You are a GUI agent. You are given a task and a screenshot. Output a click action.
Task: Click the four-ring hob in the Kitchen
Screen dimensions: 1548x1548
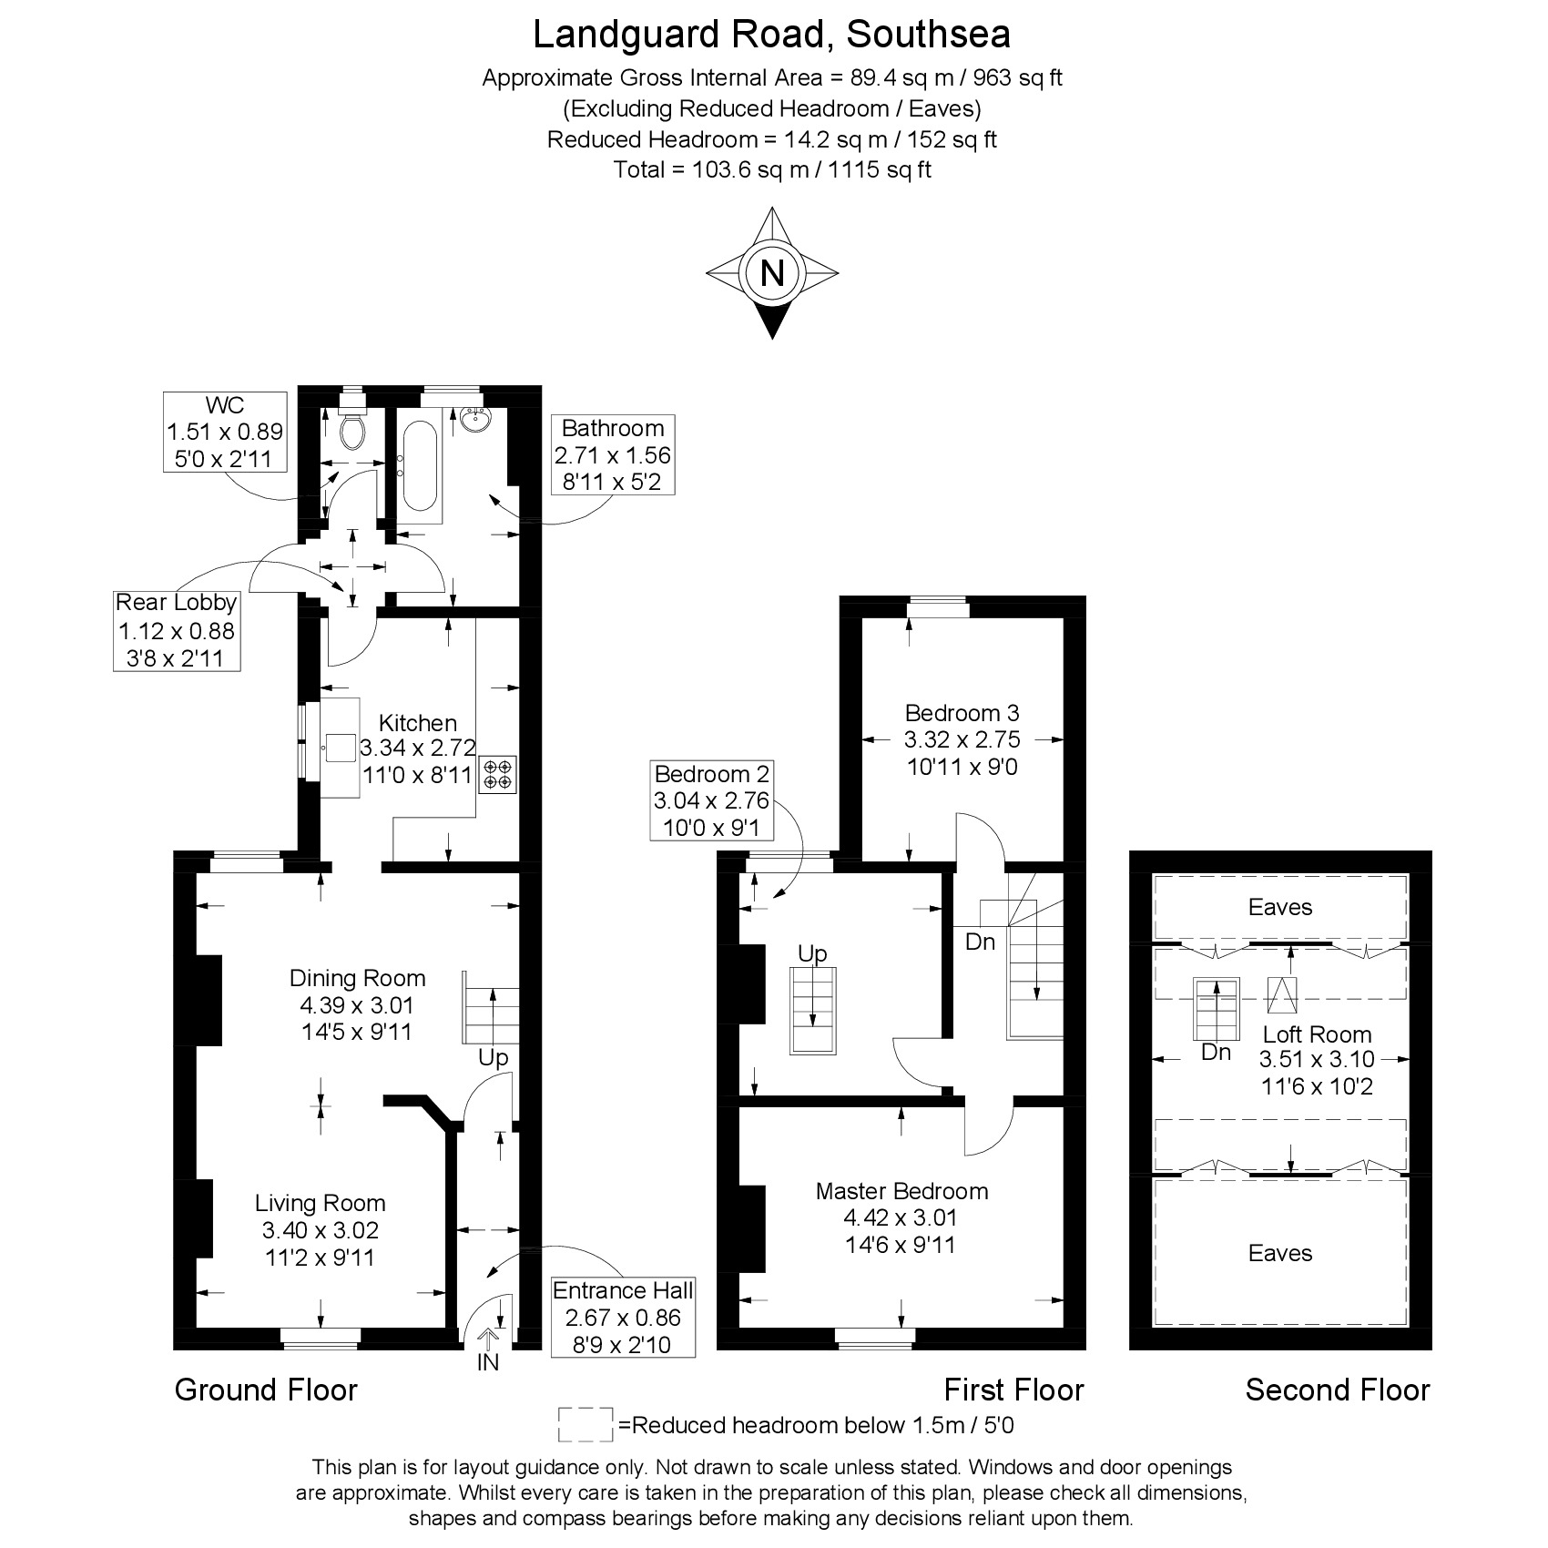point(498,774)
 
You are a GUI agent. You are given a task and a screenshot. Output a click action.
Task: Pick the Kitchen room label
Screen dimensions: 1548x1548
point(417,723)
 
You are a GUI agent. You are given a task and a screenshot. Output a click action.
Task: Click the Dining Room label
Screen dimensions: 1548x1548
point(357,978)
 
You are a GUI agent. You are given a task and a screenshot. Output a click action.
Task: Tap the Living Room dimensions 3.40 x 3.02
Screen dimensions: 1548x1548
point(321,1230)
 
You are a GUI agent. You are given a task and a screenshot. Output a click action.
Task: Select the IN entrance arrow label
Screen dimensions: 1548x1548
point(488,1362)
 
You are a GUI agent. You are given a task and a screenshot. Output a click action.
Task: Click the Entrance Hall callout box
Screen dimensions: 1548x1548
point(623,1317)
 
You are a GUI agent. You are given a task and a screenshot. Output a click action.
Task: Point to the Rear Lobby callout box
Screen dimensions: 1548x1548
point(177,630)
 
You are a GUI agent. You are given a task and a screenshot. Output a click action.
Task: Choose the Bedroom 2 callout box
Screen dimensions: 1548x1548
point(712,801)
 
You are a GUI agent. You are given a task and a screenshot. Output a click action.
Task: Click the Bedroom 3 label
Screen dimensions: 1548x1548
point(962,712)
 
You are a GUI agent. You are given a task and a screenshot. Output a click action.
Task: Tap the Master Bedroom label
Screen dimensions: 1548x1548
point(901,1191)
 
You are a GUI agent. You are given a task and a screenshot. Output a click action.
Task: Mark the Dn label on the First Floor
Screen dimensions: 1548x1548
point(980,942)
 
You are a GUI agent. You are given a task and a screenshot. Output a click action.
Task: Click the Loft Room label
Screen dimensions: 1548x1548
point(1317,1034)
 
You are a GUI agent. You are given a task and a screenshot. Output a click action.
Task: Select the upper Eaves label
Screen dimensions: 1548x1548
point(1280,907)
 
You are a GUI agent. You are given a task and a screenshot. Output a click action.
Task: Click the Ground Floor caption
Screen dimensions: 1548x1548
point(266,1390)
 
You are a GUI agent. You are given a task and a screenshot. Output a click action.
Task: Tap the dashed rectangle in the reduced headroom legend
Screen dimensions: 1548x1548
point(586,1425)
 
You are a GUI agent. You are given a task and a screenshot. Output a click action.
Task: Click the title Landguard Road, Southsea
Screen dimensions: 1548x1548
point(771,35)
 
